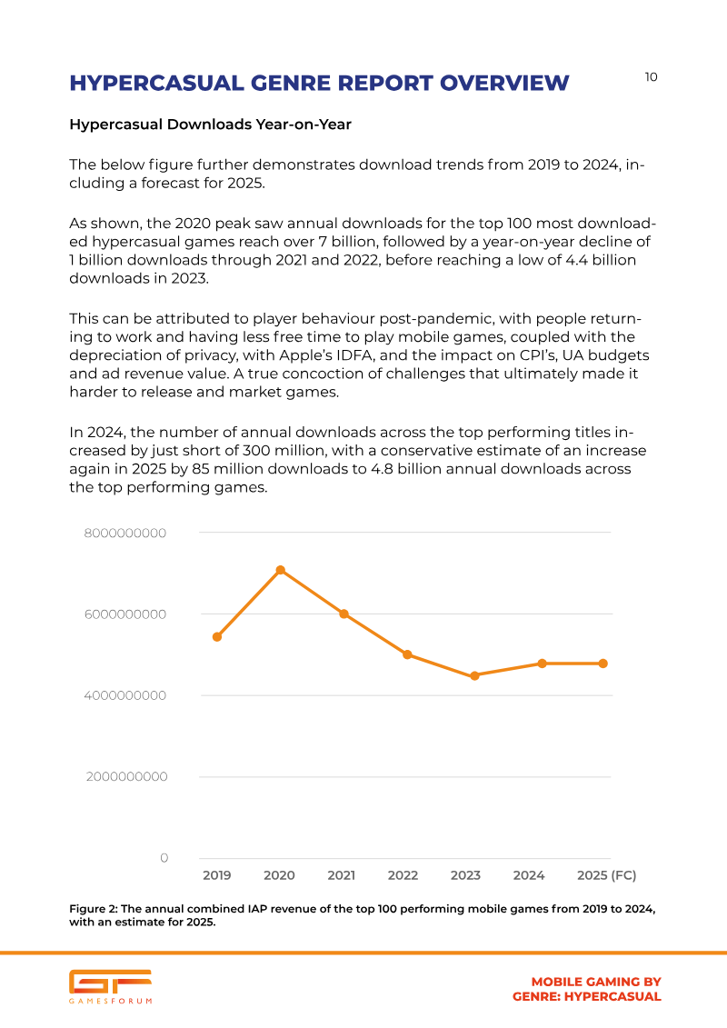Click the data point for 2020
tap(281, 571)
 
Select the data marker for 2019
tap(217, 637)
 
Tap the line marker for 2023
tap(475, 676)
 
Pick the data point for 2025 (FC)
tap(603, 664)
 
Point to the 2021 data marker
tap(344, 614)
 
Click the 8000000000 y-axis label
tap(125, 534)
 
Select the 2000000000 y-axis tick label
tap(126, 777)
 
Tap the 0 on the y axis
tap(164, 858)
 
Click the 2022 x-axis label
tap(403, 875)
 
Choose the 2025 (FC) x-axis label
tap(606, 875)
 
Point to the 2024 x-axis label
tap(529, 875)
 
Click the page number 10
tap(651, 77)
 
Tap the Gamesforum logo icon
tap(110, 982)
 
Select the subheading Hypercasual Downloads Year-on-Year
tap(211, 125)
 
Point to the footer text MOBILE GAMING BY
tap(596, 983)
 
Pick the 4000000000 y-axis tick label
tap(125, 695)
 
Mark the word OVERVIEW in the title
tap(504, 84)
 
